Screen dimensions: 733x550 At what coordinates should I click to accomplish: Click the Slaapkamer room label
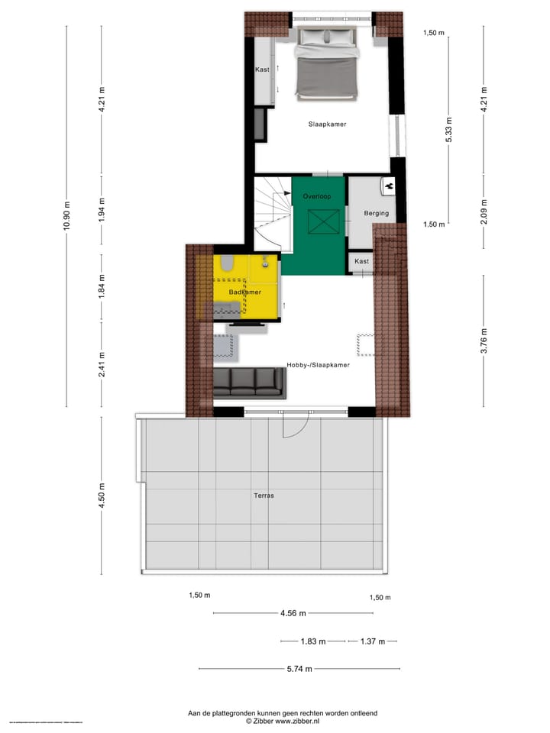point(327,124)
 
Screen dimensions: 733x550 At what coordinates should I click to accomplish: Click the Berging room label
point(376,214)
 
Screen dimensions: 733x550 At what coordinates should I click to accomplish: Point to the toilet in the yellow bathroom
point(226,264)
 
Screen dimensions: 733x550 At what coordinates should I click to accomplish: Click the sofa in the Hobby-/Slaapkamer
point(248,383)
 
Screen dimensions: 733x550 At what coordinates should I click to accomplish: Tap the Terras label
point(264,496)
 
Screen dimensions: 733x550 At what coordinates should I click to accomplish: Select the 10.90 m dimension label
point(67,216)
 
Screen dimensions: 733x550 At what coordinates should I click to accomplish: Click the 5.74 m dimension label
point(299,669)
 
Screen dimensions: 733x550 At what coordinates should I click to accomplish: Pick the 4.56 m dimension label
point(293,613)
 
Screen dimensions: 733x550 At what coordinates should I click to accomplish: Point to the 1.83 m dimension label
point(313,641)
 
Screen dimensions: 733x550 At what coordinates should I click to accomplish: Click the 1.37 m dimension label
point(371,641)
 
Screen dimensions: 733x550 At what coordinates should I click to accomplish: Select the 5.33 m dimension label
point(449,130)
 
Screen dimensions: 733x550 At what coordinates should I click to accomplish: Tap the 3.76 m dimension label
point(484,341)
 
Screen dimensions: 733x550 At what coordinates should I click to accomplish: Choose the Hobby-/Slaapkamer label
point(318,365)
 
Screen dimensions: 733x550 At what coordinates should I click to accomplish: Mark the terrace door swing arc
point(296,427)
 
